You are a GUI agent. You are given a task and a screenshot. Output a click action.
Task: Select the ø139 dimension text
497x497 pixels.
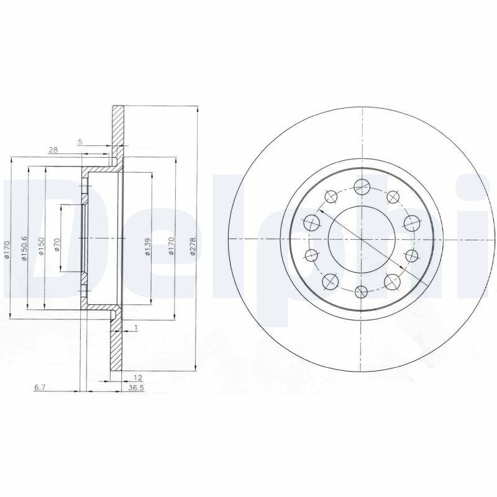(147, 247)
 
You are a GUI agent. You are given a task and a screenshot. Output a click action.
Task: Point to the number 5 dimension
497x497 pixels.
(80, 142)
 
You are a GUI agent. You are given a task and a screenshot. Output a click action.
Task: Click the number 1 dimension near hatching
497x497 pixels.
(135, 327)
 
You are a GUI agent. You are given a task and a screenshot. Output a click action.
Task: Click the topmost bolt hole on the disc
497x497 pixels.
(362, 184)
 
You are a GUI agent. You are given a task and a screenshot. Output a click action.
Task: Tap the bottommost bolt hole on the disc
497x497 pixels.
(362, 292)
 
